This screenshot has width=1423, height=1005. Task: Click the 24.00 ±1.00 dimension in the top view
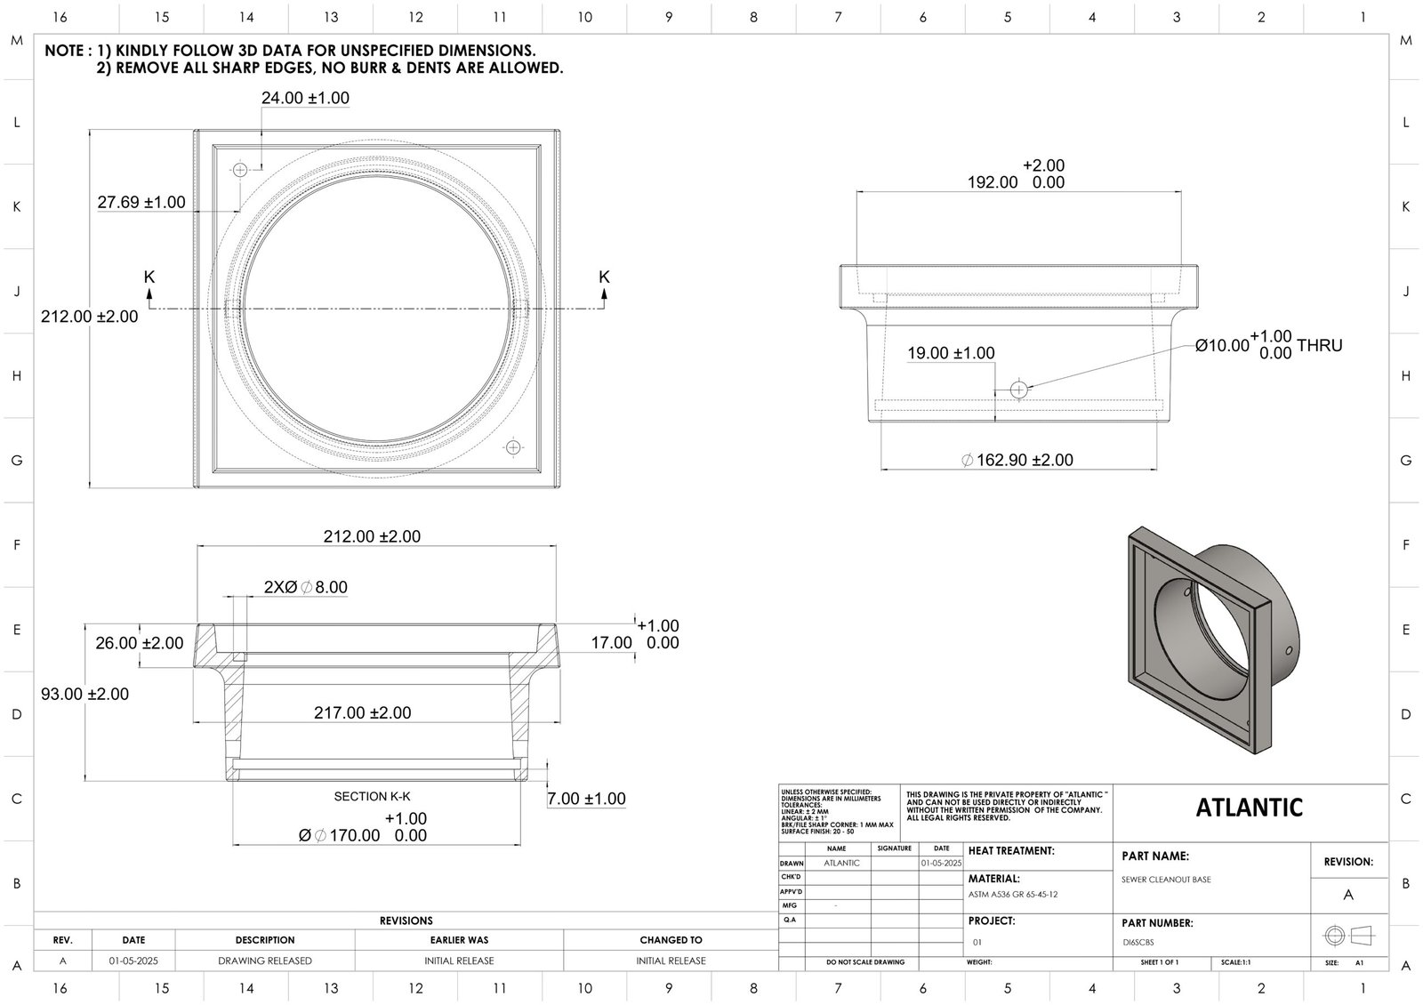coord(305,98)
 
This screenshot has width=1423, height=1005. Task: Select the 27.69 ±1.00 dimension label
coord(141,202)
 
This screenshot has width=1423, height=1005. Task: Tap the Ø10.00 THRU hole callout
coord(1268,344)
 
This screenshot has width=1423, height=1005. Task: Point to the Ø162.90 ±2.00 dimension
coord(1017,460)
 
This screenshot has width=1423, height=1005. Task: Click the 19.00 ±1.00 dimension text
coord(951,353)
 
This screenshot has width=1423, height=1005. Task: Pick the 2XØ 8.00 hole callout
coord(305,587)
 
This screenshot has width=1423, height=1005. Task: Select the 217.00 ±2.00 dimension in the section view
coord(362,712)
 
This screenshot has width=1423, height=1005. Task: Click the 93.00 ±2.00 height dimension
coord(84,694)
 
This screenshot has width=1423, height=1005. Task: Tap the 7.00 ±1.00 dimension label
coord(586,799)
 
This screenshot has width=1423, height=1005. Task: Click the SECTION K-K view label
coord(372,796)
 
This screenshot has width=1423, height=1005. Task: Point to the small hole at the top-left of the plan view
coord(239,169)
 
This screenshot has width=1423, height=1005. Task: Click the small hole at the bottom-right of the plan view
coord(511,447)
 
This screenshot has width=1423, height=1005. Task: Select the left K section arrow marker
coord(149,286)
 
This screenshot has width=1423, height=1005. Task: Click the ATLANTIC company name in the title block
coord(1249,808)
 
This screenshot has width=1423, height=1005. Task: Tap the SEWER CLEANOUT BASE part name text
coord(1166,880)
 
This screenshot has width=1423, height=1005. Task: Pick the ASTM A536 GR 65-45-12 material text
coord(1013,895)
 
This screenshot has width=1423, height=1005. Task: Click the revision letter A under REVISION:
coord(1348,895)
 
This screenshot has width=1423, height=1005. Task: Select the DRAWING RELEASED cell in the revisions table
coord(265,961)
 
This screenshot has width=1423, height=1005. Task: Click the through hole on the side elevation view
coord(1019,389)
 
